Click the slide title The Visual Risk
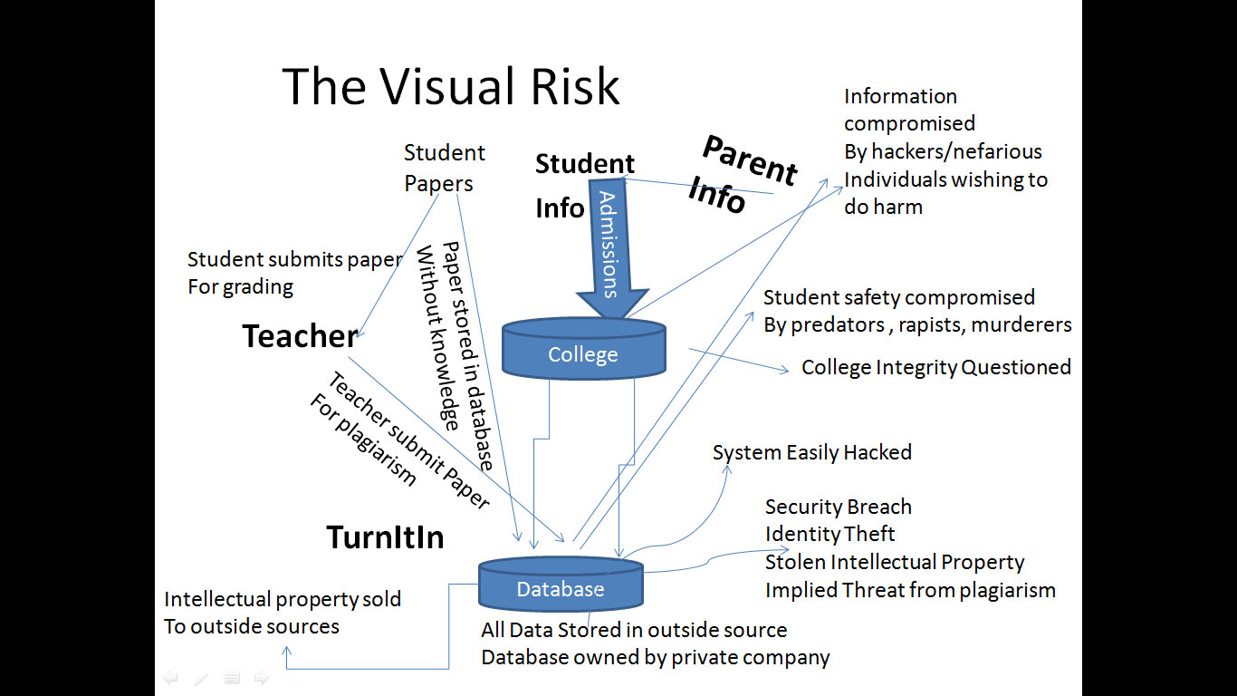click(x=451, y=87)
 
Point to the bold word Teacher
click(x=300, y=336)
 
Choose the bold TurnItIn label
click(x=385, y=537)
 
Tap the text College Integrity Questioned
click(x=935, y=367)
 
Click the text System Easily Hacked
click(x=811, y=452)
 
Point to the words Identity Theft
click(x=829, y=534)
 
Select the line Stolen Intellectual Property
click(x=894, y=562)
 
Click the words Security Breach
click(x=838, y=507)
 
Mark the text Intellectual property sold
click(x=282, y=599)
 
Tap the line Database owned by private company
click(x=655, y=657)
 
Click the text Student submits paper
click(x=294, y=259)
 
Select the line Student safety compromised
click(x=898, y=297)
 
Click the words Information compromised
click(x=909, y=110)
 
